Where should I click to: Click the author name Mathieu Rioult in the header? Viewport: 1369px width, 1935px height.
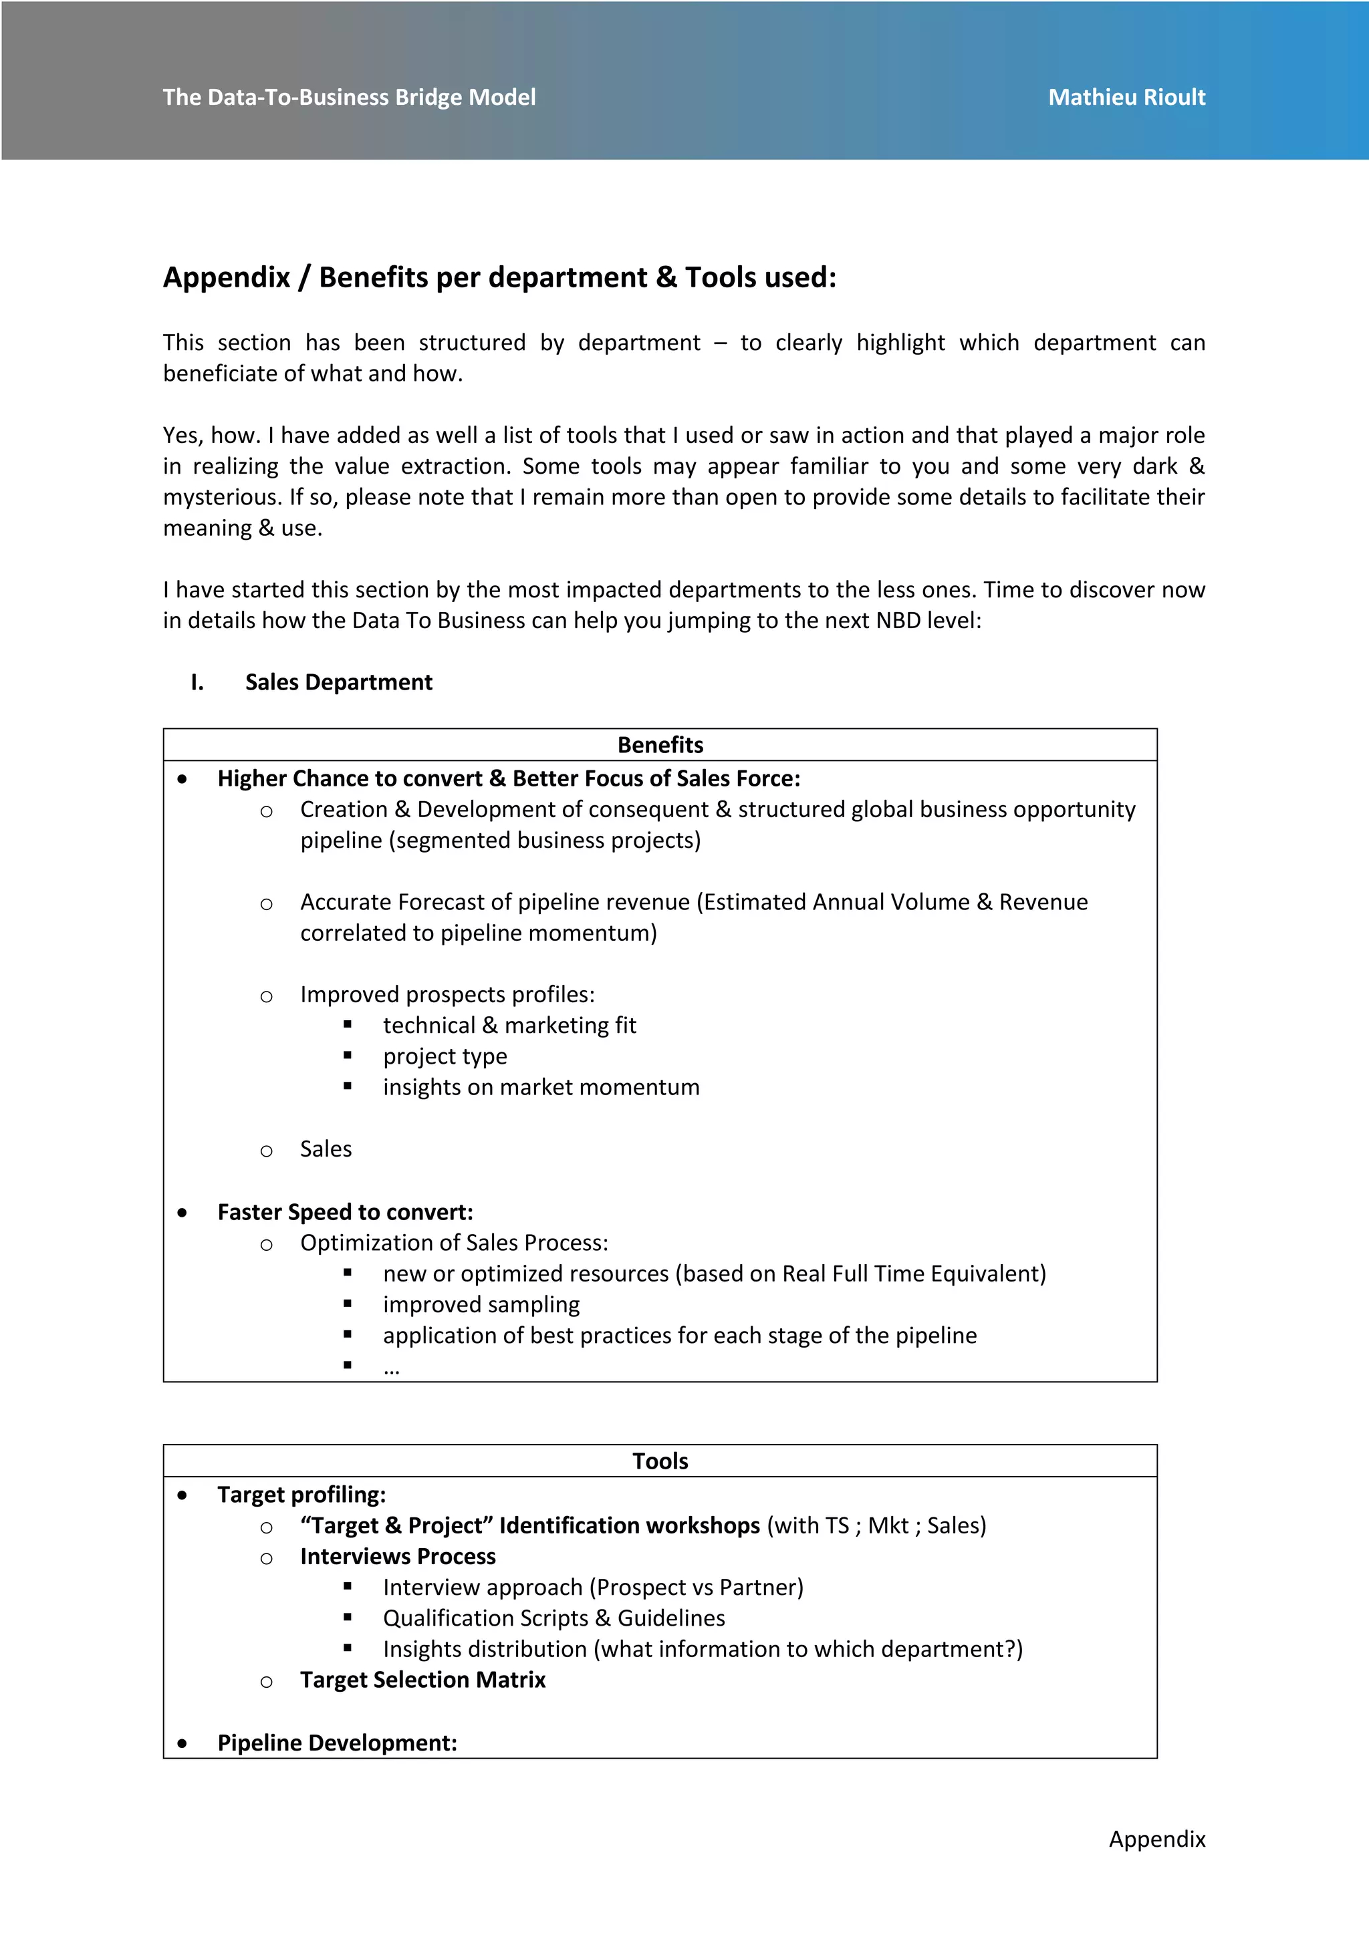(x=1126, y=97)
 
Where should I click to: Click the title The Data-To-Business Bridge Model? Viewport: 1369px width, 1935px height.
(x=349, y=97)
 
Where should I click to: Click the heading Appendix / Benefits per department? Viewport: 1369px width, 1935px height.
(x=499, y=277)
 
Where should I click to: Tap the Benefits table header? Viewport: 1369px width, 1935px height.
(x=660, y=745)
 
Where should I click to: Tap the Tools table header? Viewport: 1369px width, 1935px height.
(x=660, y=1461)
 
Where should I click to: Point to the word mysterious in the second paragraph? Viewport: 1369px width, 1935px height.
(x=221, y=497)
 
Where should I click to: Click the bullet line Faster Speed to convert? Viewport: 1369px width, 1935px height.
(x=345, y=1212)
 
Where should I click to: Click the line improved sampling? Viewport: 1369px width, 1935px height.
(x=481, y=1305)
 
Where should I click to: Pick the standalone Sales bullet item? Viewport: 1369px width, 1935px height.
(x=326, y=1149)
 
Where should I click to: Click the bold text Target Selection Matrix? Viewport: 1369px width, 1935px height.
(x=422, y=1680)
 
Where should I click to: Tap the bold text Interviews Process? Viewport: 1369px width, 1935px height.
(x=398, y=1557)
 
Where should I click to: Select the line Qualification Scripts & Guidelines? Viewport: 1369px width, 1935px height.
(x=554, y=1618)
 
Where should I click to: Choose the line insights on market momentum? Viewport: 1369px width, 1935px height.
(x=541, y=1087)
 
